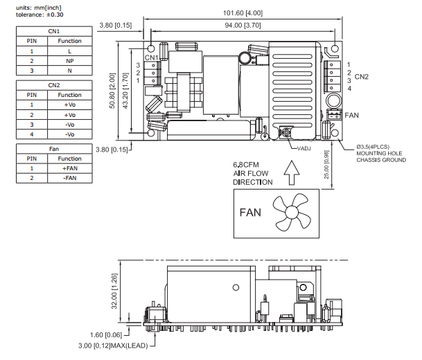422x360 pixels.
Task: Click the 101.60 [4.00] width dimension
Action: click(240, 12)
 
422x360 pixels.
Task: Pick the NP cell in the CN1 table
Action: click(70, 61)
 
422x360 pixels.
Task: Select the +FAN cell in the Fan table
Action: click(70, 168)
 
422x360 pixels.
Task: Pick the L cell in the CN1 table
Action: click(70, 51)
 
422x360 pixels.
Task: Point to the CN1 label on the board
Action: click(152, 57)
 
